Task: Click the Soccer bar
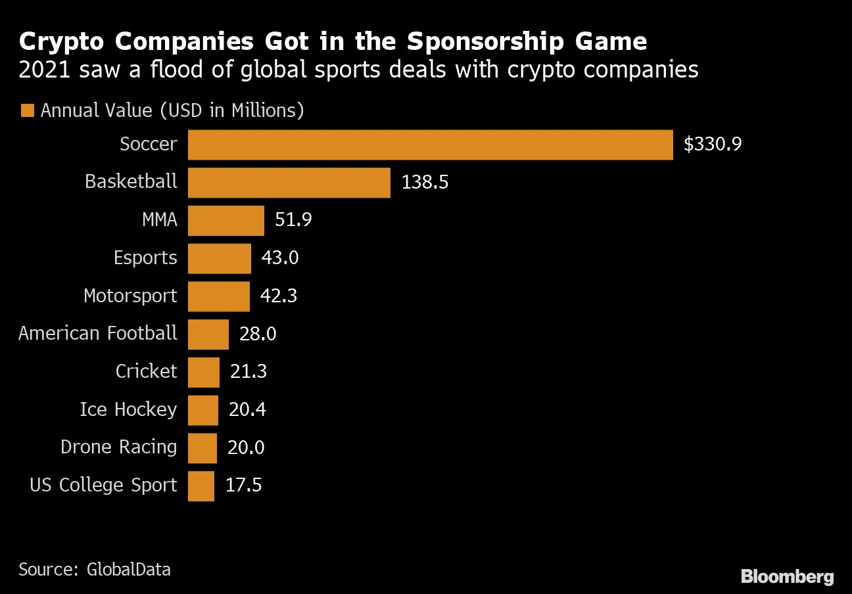coord(430,145)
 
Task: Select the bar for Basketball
coord(289,183)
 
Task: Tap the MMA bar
coord(225,220)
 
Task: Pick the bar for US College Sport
coord(201,486)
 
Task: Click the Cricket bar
coord(203,372)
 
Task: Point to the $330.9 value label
coord(713,145)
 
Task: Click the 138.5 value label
coord(425,183)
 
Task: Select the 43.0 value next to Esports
coord(280,258)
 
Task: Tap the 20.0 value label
coord(246,447)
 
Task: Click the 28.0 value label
coord(258,334)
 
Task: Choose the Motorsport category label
coord(130,296)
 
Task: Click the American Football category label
coord(98,333)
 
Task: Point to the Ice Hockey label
coord(128,409)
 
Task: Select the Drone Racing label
coord(118,447)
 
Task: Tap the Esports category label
coord(145,258)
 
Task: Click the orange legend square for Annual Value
coord(27,110)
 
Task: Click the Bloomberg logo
coord(787,577)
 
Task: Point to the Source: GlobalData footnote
coord(95,569)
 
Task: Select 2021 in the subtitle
coord(45,70)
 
